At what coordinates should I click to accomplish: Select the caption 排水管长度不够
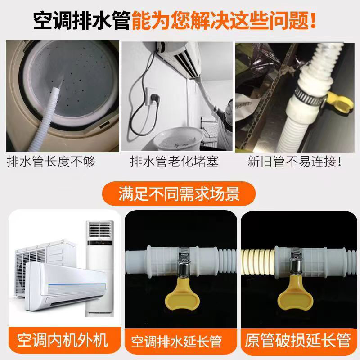(x=52, y=162)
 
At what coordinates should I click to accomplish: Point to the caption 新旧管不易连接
(x=295, y=162)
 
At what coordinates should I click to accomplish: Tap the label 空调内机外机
(x=63, y=340)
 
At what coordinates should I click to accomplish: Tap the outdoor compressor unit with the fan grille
(x=36, y=270)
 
